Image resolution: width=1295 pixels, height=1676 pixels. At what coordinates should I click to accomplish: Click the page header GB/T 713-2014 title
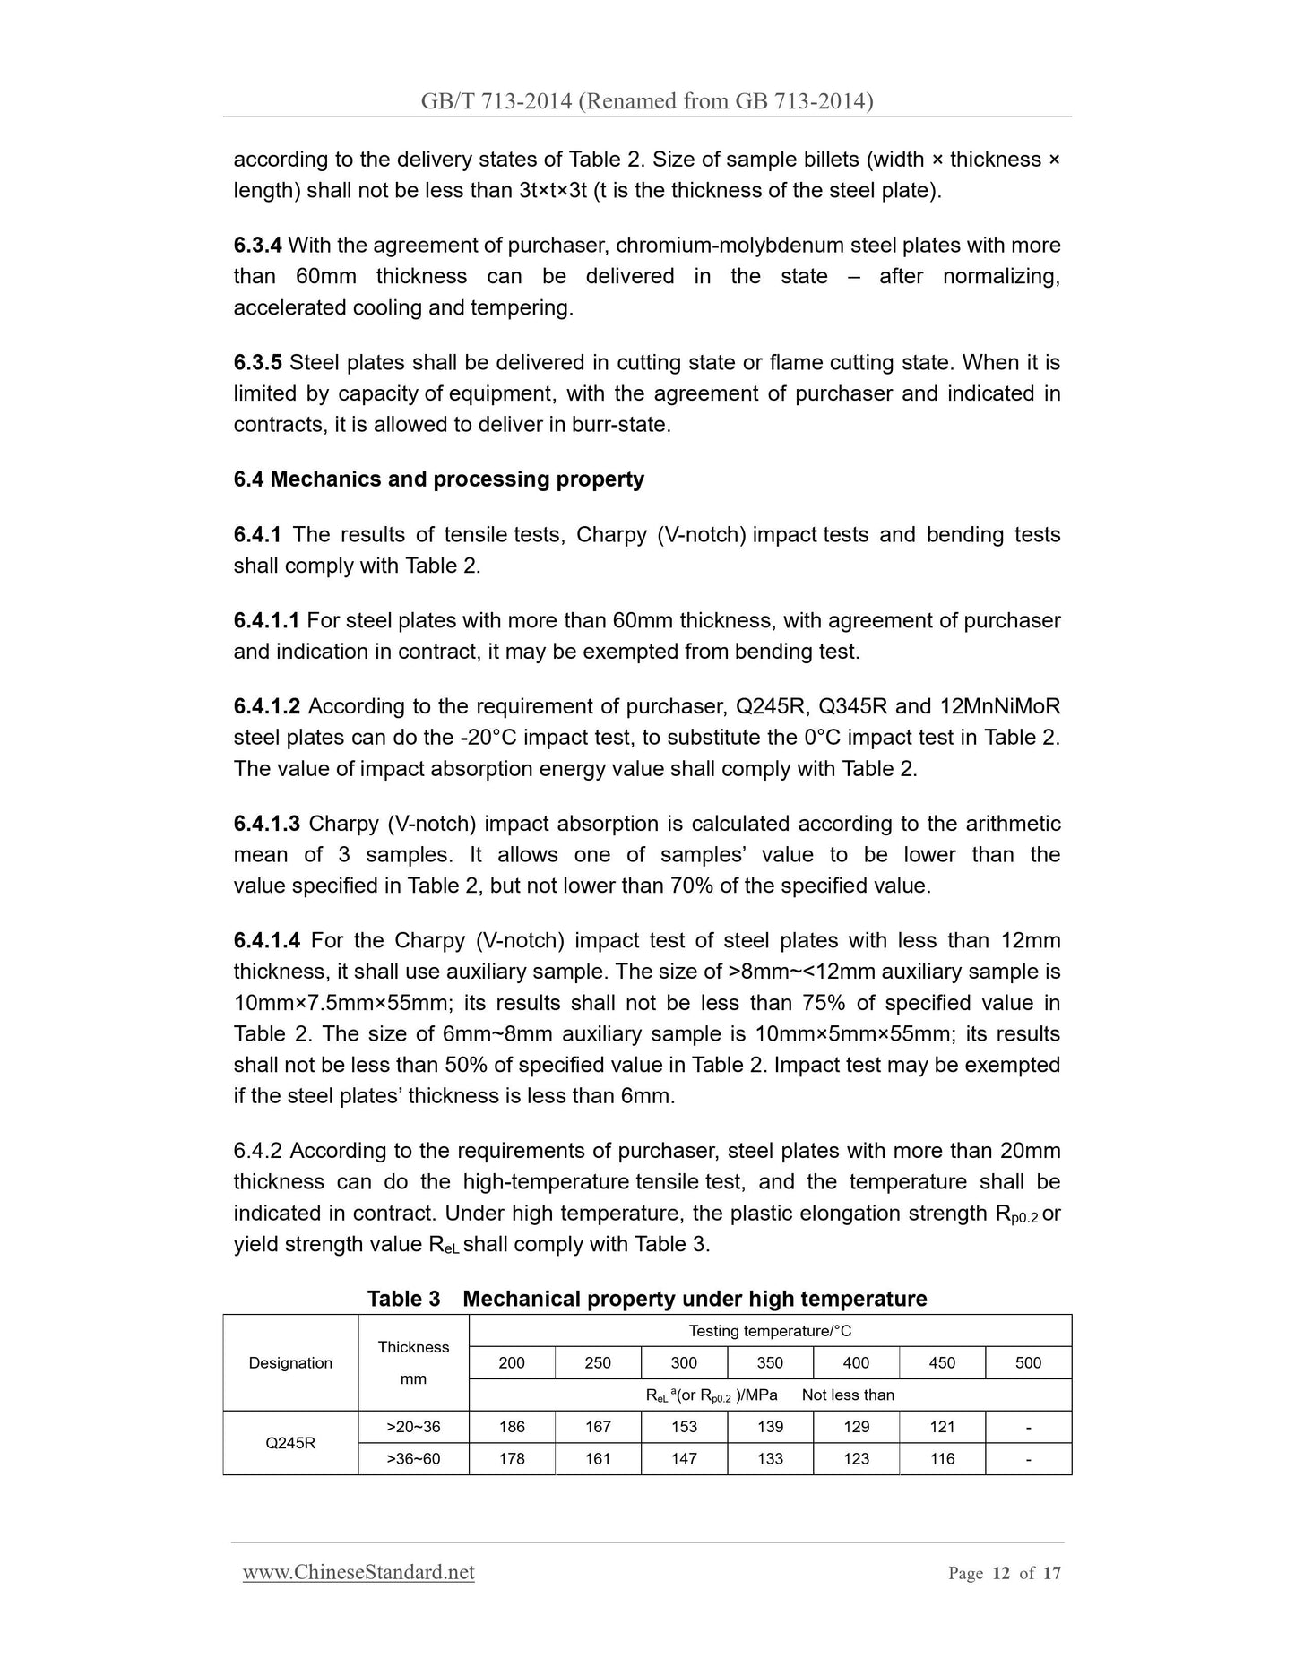coord(646,101)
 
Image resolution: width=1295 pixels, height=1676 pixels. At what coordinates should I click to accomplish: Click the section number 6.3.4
coord(257,246)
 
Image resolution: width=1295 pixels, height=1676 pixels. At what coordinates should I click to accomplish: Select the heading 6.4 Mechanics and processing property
coord(438,479)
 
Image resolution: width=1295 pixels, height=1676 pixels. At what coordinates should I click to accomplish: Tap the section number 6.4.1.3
coord(266,824)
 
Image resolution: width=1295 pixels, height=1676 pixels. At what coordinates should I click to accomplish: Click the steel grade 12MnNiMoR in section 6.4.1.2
coord(1000,707)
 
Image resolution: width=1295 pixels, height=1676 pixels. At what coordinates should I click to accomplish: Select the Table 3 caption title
coord(646,1299)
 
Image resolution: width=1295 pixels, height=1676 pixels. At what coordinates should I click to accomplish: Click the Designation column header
coord(290,1363)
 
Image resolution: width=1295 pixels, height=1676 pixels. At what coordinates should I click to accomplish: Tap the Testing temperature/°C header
coord(769,1331)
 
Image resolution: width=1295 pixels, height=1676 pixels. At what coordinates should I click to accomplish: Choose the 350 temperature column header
coord(769,1363)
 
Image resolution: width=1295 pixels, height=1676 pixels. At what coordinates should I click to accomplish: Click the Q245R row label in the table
coord(290,1443)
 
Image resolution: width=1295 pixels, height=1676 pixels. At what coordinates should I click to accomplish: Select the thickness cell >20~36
coord(413,1427)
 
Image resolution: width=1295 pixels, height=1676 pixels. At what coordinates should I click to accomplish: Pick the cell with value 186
coord(512,1427)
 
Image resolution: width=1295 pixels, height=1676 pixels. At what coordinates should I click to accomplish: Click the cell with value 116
coord(942,1459)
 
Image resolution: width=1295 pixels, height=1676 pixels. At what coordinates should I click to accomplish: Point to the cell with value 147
coord(684,1459)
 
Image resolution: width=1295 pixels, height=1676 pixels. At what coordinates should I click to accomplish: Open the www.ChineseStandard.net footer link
coord(358,1572)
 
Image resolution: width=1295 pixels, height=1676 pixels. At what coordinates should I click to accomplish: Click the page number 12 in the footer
coord(1001,1573)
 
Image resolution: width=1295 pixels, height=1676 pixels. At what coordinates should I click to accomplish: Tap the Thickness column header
coord(413,1347)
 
